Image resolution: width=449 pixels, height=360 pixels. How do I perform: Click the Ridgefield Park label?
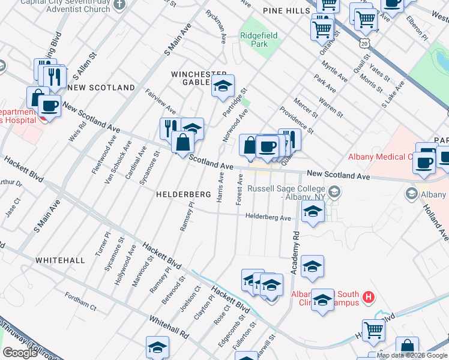click(x=259, y=40)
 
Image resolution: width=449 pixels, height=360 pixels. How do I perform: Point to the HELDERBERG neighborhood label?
click(x=183, y=195)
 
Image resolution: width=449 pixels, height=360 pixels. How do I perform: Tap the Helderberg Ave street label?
click(x=268, y=217)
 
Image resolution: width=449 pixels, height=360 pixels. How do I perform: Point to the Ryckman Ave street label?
click(x=215, y=27)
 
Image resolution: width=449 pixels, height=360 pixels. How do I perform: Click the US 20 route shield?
click(x=364, y=43)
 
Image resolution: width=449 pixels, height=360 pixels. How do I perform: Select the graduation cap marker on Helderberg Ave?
click(x=312, y=212)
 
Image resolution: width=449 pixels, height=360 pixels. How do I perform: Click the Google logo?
click(x=20, y=352)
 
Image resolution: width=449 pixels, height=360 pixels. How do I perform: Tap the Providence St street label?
click(x=297, y=119)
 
